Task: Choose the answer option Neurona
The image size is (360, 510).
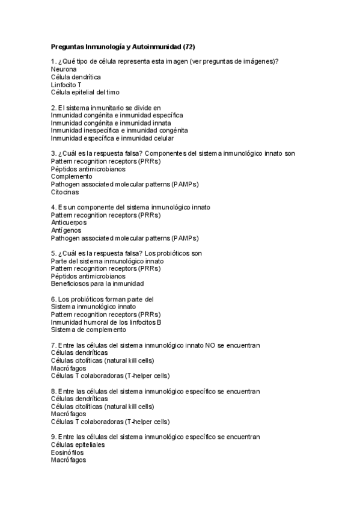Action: [x=64, y=69]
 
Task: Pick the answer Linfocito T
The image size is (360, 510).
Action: [x=66, y=85]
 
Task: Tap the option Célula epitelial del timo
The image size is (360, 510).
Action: [x=85, y=93]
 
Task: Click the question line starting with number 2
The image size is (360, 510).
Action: [x=106, y=107]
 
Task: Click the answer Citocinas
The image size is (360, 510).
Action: [x=64, y=192]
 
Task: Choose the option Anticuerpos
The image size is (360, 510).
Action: [x=69, y=223]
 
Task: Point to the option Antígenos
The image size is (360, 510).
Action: [x=66, y=230]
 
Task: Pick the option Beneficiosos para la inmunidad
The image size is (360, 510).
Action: [x=97, y=284]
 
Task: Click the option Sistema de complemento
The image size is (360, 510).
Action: [x=88, y=330]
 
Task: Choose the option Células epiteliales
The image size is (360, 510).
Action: [x=78, y=444]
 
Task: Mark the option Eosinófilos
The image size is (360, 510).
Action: [x=68, y=452]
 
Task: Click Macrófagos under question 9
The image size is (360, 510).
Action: [x=69, y=460]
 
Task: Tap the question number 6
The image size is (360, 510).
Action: [x=53, y=299]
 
